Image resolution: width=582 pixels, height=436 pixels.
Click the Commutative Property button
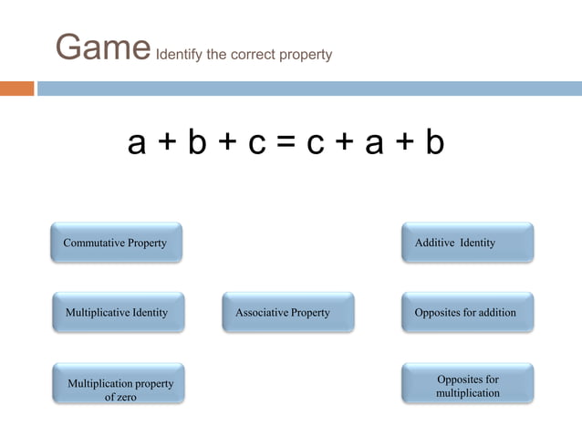point(116,243)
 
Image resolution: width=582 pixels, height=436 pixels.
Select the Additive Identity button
point(467,243)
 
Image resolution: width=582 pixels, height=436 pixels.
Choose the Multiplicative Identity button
point(118,312)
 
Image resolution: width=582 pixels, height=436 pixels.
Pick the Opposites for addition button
point(467,312)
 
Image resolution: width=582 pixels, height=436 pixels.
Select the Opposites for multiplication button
point(467,385)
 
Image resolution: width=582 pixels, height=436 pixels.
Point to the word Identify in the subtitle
point(179,55)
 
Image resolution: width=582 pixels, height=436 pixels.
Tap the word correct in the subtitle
point(255,55)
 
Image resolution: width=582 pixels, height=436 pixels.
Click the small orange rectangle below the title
point(16,88)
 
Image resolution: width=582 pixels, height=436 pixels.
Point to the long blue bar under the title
point(310,88)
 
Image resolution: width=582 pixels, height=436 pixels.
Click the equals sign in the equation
point(286,144)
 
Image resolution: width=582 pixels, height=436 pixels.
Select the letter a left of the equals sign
point(137,144)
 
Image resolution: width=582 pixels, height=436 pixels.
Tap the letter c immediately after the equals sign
point(316,144)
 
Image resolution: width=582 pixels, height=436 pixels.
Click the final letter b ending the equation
point(434,142)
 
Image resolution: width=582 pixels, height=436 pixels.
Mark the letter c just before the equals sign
point(256,144)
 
